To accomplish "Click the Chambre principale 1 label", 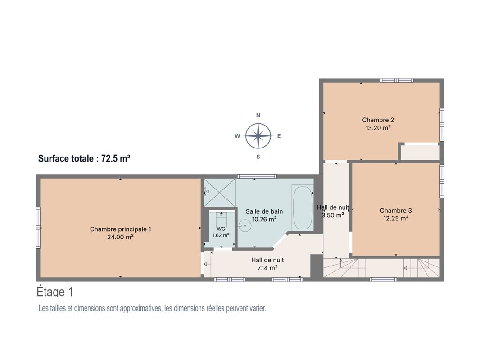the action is [120, 229].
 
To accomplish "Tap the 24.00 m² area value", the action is [120, 237].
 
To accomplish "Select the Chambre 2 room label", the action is [378, 120].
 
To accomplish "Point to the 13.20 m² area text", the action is [378, 128].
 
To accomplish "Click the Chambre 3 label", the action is [396, 211].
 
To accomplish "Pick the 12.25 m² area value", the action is [396, 218].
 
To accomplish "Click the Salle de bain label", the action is [264, 211].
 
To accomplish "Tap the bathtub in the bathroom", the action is [303, 207].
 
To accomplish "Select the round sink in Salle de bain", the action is [245, 226].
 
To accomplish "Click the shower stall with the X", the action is [219, 193].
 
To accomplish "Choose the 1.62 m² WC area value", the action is [221, 235].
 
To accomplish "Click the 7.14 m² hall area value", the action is [267, 268].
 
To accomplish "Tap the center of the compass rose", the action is [258, 136].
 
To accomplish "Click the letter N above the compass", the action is [258, 115].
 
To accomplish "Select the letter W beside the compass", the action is [237, 136].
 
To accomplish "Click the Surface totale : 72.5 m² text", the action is [84, 158].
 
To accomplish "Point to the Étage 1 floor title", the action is [55, 292].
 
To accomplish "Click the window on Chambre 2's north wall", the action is [397, 81].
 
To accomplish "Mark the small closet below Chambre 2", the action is [420, 152].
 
